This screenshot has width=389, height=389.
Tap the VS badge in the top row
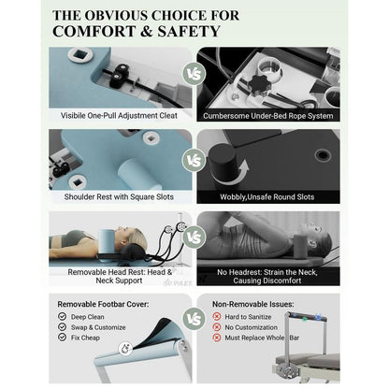pos(194,74)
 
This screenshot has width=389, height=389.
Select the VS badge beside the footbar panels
pos(194,319)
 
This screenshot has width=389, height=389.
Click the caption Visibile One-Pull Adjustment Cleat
pos(119,116)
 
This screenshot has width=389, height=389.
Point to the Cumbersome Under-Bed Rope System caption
pos(268,116)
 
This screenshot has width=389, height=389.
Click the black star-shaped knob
pos(258,84)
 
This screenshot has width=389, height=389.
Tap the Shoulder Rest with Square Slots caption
pos(119,197)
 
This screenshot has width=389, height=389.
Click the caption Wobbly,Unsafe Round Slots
pos(267,197)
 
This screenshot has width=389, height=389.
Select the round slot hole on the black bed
pos(323,154)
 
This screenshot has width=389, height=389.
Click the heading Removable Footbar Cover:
pos(103,304)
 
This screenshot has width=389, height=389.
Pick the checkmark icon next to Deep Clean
pos(63,317)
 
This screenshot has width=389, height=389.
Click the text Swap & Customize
pos(98,327)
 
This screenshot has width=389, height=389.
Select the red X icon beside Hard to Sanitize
pos(217,317)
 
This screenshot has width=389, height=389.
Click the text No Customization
pos(252,327)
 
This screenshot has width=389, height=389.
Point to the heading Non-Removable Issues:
pos(253,304)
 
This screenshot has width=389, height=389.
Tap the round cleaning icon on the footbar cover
pos(125,348)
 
